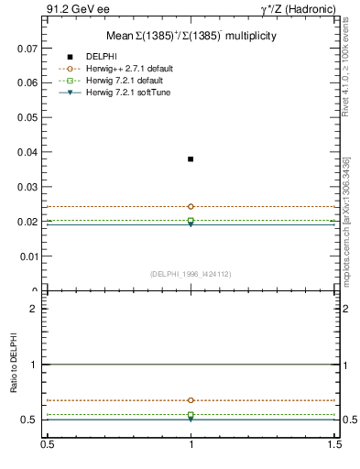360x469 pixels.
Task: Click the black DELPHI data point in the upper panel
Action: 191,159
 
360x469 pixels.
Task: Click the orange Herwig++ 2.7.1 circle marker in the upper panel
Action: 191,207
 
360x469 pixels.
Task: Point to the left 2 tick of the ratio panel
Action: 34,310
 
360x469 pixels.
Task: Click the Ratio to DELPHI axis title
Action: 16,364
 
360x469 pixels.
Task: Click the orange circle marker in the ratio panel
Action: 191,400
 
